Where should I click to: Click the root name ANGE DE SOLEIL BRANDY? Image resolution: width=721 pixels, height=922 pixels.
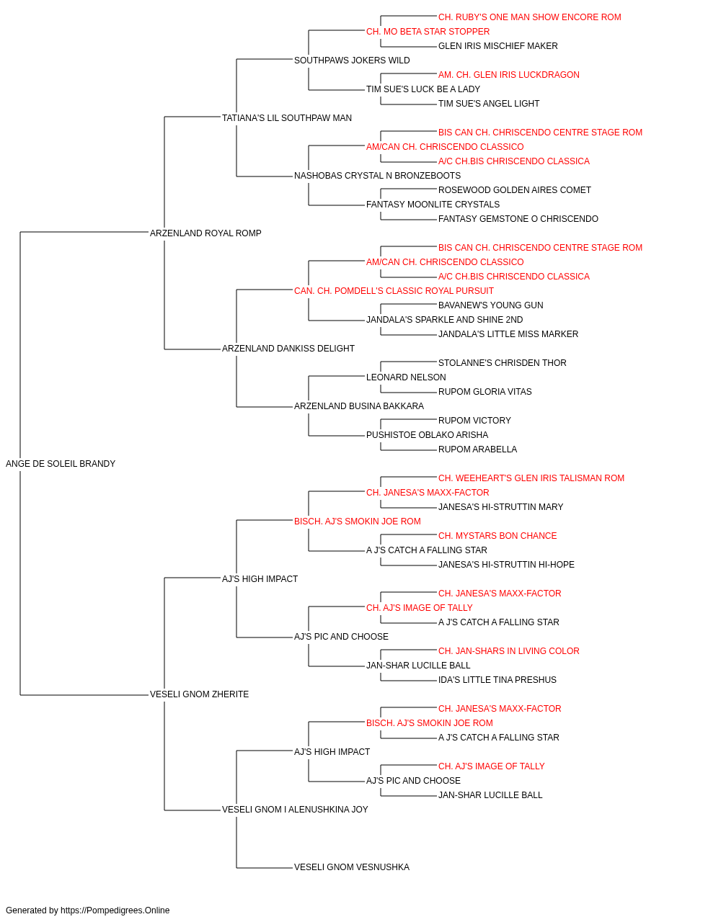(x=61, y=464)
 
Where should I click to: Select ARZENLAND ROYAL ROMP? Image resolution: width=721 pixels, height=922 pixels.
(x=205, y=233)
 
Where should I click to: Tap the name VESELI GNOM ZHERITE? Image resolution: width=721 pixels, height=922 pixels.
(x=199, y=694)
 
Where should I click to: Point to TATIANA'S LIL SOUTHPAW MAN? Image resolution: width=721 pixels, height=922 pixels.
(x=287, y=118)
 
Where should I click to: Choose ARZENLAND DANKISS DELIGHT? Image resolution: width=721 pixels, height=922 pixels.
(x=288, y=349)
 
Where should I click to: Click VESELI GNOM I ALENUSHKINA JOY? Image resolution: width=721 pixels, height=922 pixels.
(x=295, y=810)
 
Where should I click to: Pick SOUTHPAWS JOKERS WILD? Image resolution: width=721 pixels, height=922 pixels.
(x=352, y=61)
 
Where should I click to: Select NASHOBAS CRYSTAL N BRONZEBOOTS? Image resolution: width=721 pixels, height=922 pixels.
(x=378, y=176)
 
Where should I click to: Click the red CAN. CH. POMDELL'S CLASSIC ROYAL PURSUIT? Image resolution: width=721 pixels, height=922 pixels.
(x=394, y=290)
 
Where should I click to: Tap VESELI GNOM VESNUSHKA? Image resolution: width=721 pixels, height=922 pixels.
(x=352, y=867)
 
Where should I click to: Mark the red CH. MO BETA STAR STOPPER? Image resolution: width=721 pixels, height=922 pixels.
(x=428, y=32)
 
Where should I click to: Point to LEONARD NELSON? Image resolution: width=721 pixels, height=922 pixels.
(x=406, y=377)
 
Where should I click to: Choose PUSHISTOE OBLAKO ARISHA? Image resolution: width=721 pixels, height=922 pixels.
(x=427, y=435)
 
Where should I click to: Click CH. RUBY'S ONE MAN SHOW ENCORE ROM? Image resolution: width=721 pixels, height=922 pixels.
(x=529, y=17)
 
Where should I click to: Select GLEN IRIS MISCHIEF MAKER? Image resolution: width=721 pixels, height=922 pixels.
(x=497, y=46)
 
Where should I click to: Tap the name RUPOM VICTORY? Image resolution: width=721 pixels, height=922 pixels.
(x=474, y=421)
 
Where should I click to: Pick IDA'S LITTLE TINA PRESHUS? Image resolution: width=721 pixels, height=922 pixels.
(x=497, y=680)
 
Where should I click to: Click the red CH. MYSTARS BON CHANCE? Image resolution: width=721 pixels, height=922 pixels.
(x=497, y=535)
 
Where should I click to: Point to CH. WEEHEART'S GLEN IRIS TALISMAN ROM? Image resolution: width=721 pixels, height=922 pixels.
(x=531, y=478)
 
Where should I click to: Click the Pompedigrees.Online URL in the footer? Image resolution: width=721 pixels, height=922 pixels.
(x=115, y=910)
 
